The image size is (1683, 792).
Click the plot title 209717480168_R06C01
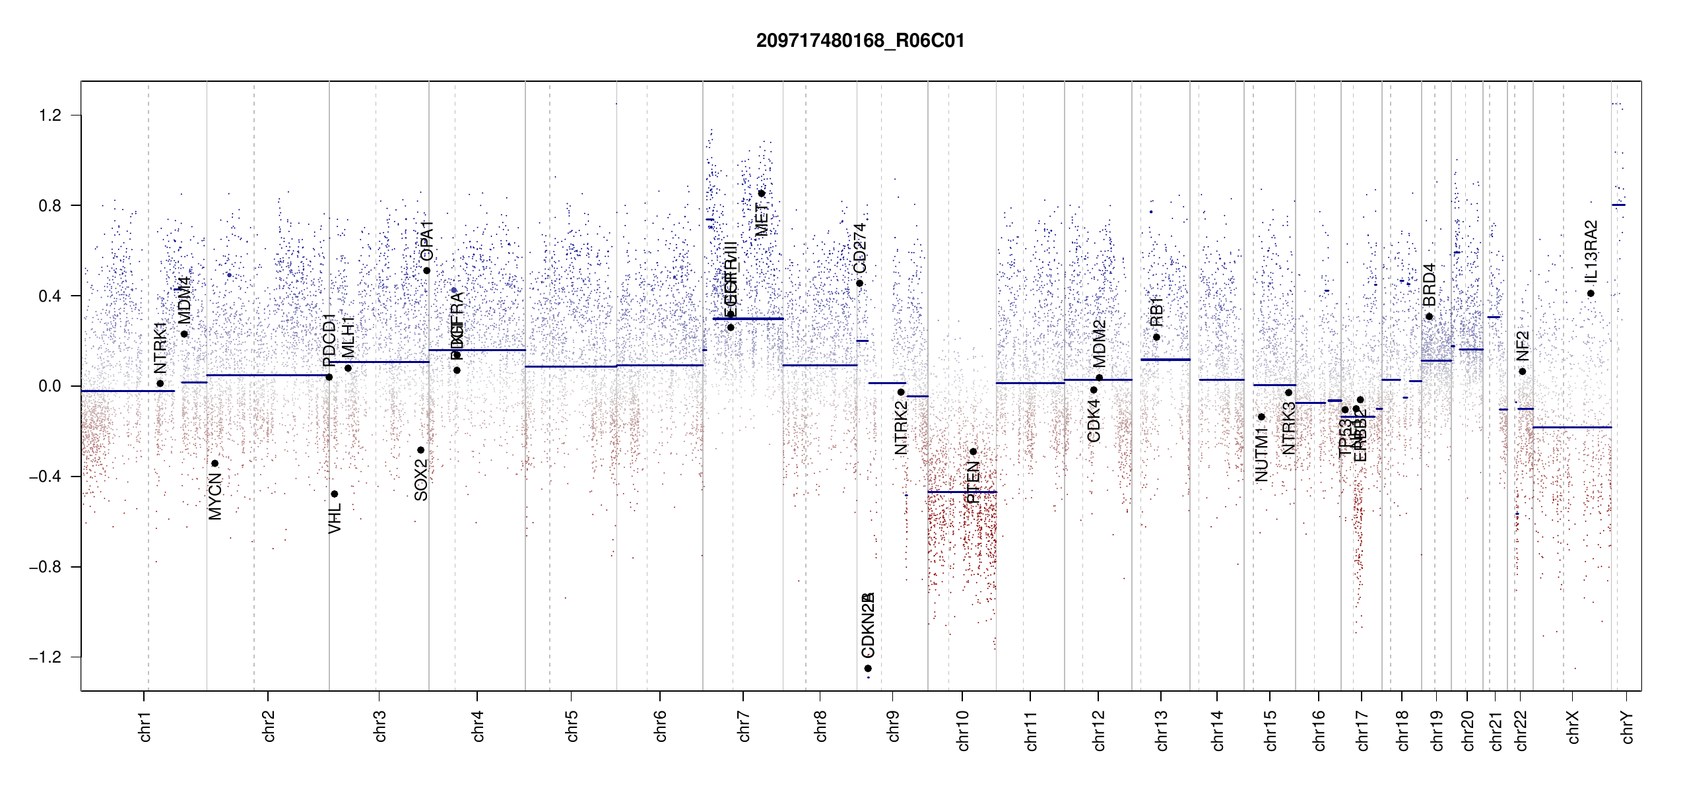860,41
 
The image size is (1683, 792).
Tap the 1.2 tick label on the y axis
49,115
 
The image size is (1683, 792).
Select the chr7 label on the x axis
744,726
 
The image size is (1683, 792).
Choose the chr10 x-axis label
962,730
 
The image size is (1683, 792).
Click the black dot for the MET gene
761,193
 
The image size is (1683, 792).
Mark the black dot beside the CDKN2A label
868,669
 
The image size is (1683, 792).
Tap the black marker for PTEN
973,451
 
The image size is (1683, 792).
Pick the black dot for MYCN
214,463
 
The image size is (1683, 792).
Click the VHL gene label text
335,518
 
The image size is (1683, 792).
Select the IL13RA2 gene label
1591,251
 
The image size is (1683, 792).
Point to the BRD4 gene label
1429,284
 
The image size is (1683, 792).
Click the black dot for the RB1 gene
1156,337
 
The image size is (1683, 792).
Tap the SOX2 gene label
421,480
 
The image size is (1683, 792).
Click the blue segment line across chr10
962,492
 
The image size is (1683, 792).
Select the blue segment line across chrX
1571,428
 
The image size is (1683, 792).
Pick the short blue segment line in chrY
1618,205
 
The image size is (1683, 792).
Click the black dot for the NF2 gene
1522,372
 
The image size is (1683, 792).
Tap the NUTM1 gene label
1261,454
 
